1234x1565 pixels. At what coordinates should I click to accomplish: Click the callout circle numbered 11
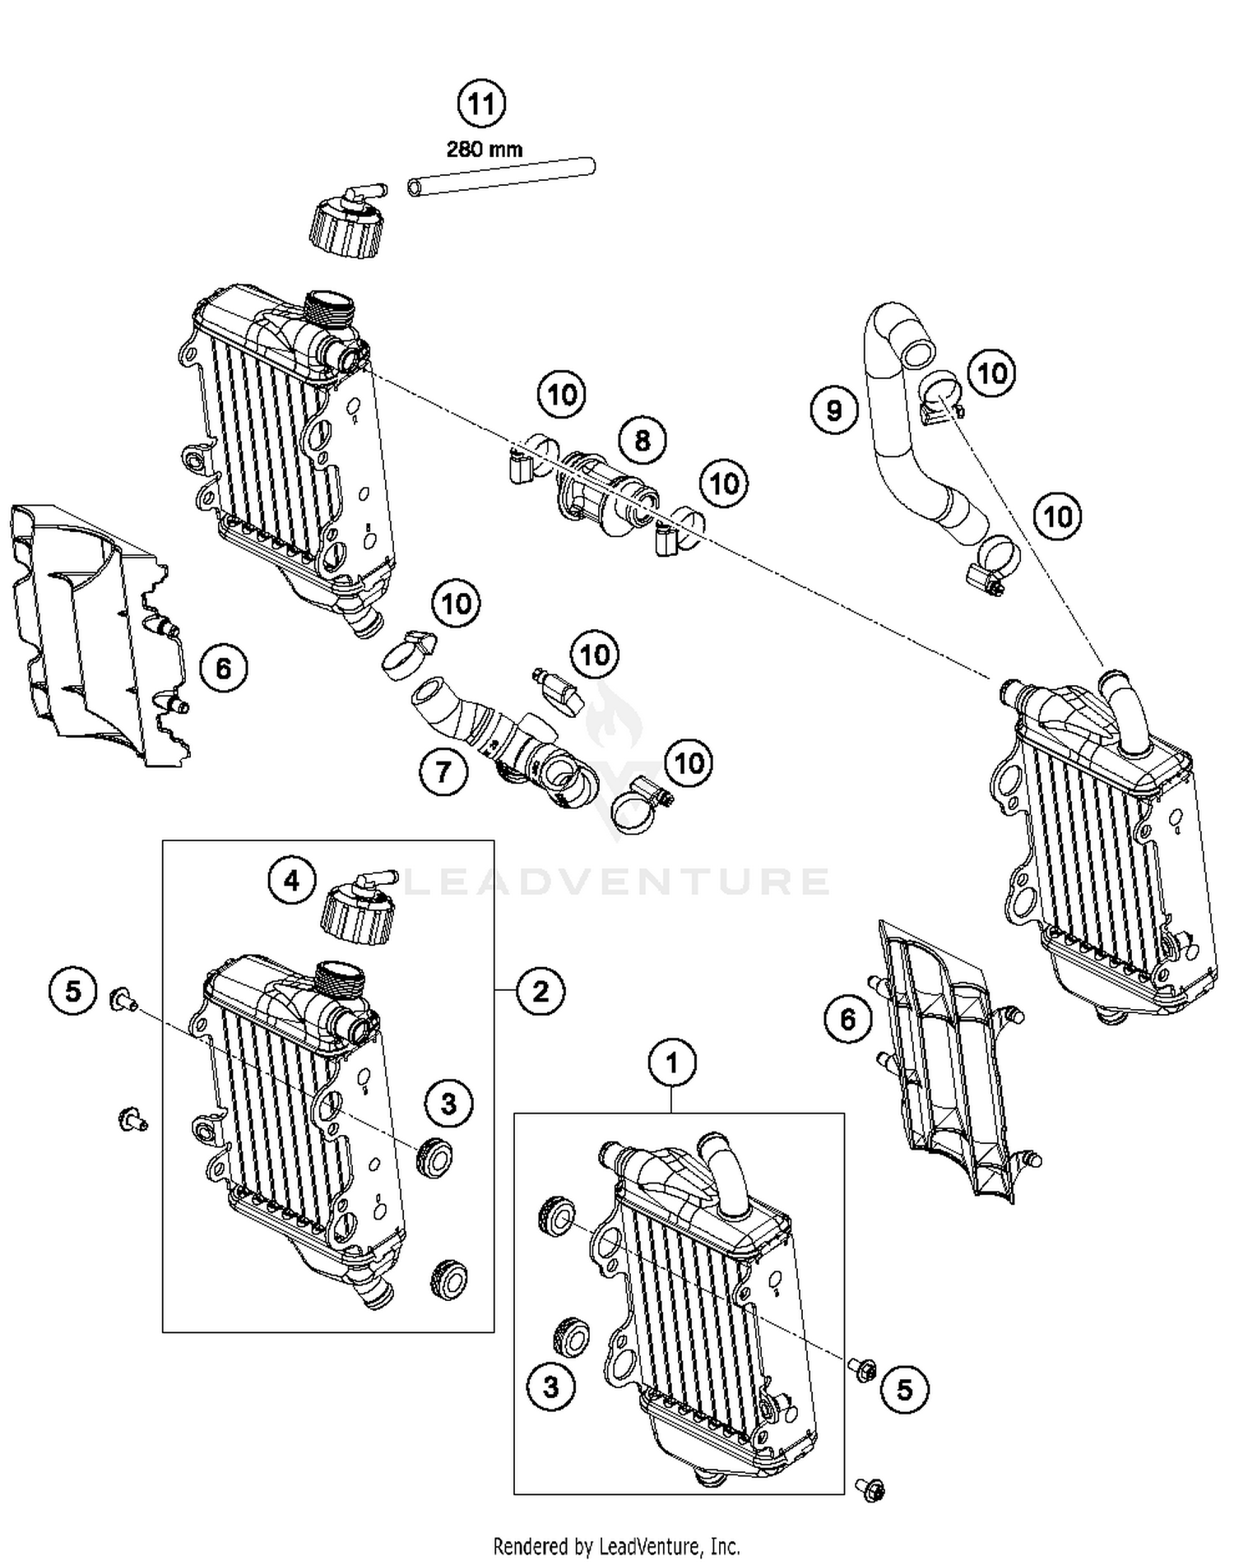click(481, 104)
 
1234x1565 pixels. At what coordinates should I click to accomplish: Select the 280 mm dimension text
click(485, 150)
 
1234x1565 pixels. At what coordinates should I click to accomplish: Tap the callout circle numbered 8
click(642, 440)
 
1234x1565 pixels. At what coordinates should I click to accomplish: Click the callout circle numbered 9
click(833, 409)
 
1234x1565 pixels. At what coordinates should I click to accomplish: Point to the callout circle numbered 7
click(443, 771)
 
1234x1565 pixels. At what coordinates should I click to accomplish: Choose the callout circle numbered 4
click(291, 881)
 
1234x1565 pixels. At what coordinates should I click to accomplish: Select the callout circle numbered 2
click(540, 990)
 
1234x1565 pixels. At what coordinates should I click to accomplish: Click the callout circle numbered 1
click(672, 1063)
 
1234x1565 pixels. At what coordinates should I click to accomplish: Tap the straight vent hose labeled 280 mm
click(502, 177)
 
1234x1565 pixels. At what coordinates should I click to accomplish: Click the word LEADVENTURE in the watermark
click(617, 882)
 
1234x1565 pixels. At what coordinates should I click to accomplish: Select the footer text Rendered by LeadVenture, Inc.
click(616, 1546)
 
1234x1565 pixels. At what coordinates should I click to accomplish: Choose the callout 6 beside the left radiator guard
click(223, 669)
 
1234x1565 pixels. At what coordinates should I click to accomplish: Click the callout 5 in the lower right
click(904, 1389)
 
